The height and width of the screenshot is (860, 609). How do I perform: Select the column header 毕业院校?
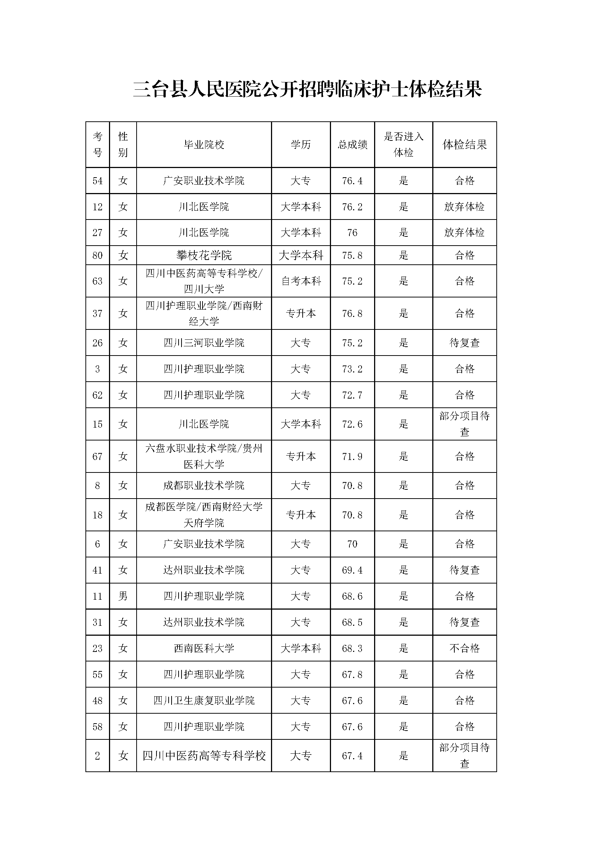pyautogui.click(x=204, y=144)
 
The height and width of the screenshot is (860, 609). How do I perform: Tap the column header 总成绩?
pyautogui.click(x=352, y=144)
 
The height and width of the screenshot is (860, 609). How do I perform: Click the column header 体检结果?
pyautogui.click(x=464, y=144)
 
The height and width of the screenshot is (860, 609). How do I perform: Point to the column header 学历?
pyautogui.click(x=301, y=144)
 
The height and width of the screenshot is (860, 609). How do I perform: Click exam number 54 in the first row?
pyautogui.click(x=98, y=181)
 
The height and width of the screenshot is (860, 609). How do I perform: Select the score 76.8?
pyautogui.click(x=352, y=314)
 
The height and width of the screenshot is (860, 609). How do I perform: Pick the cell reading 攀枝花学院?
pyautogui.click(x=204, y=256)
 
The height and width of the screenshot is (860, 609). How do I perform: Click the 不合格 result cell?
pyautogui.click(x=464, y=648)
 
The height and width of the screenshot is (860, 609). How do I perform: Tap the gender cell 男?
pyautogui.click(x=123, y=596)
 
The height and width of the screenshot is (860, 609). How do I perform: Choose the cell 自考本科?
pyautogui.click(x=301, y=281)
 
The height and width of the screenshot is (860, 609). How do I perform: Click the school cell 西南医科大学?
pyautogui.click(x=204, y=648)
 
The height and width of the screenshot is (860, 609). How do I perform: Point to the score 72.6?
pyautogui.click(x=352, y=424)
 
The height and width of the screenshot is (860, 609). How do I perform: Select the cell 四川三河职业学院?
pyautogui.click(x=204, y=343)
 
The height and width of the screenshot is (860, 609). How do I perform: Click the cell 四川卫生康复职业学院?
pyautogui.click(x=204, y=700)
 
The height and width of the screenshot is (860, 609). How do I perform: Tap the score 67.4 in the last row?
pyautogui.click(x=352, y=756)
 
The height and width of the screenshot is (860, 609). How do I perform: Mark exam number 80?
pyautogui.click(x=98, y=256)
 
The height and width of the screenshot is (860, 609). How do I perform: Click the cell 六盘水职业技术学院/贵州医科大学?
pyautogui.click(x=204, y=456)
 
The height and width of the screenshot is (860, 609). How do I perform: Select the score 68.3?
pyautogui.click(x=352, y=648)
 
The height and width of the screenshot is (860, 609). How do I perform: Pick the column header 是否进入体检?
pyautogui.click(x=403, y=144)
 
